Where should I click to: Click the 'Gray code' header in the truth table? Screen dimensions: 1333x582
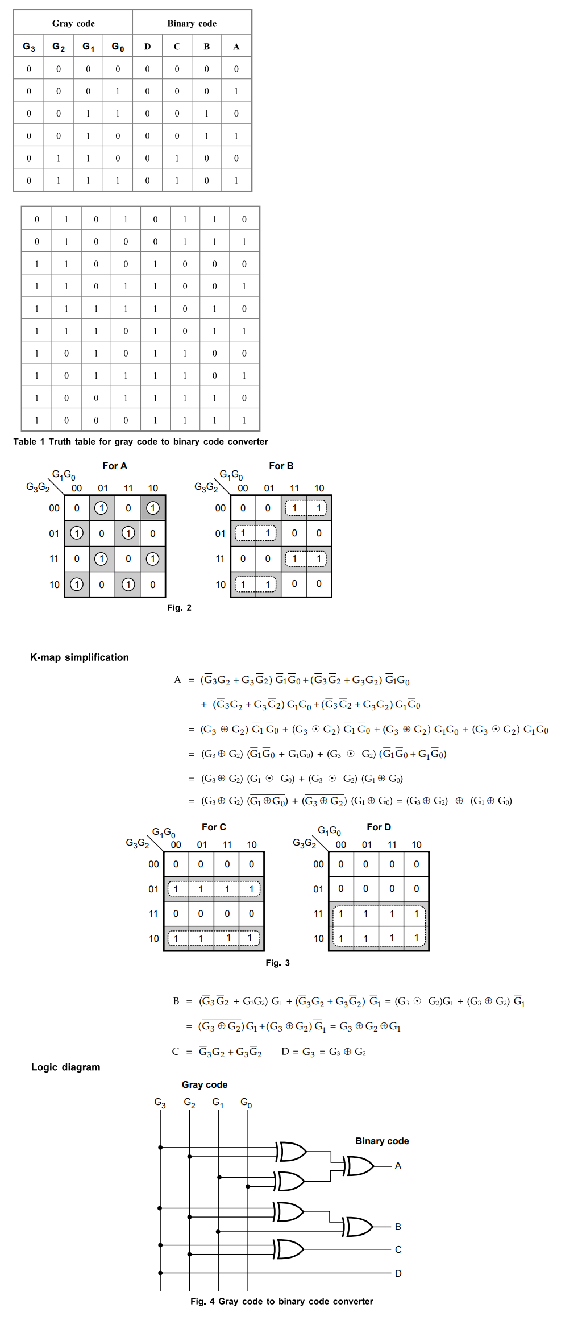(73, 23)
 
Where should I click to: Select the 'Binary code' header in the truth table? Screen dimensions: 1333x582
(192, 23)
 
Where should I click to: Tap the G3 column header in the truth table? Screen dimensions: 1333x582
(29, 47)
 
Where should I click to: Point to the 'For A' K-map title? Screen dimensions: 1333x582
(115, 466)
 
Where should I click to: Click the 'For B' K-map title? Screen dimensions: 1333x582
(281, 466)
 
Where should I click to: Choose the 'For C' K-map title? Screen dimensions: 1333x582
(214, 827)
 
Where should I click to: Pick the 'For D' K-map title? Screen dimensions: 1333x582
(379, 827)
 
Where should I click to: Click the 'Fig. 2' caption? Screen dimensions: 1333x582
(179, 607)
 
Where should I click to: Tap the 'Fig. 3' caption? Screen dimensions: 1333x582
(277, 963)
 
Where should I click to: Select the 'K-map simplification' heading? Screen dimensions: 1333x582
(80, 657)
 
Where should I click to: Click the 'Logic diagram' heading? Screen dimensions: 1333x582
(66, 1067)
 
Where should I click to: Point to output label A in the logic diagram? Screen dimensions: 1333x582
(398, 1165)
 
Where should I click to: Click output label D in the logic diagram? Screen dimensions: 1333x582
(398, 1273)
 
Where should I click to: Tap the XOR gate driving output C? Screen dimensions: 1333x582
(289, 1249)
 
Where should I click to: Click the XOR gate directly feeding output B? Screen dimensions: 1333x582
(359, 1227)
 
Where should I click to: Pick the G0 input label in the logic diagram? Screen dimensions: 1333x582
(246, 1103)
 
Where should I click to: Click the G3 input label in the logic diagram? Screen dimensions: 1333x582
(160, 1103)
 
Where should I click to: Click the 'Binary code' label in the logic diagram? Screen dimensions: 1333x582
(382, 1141)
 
